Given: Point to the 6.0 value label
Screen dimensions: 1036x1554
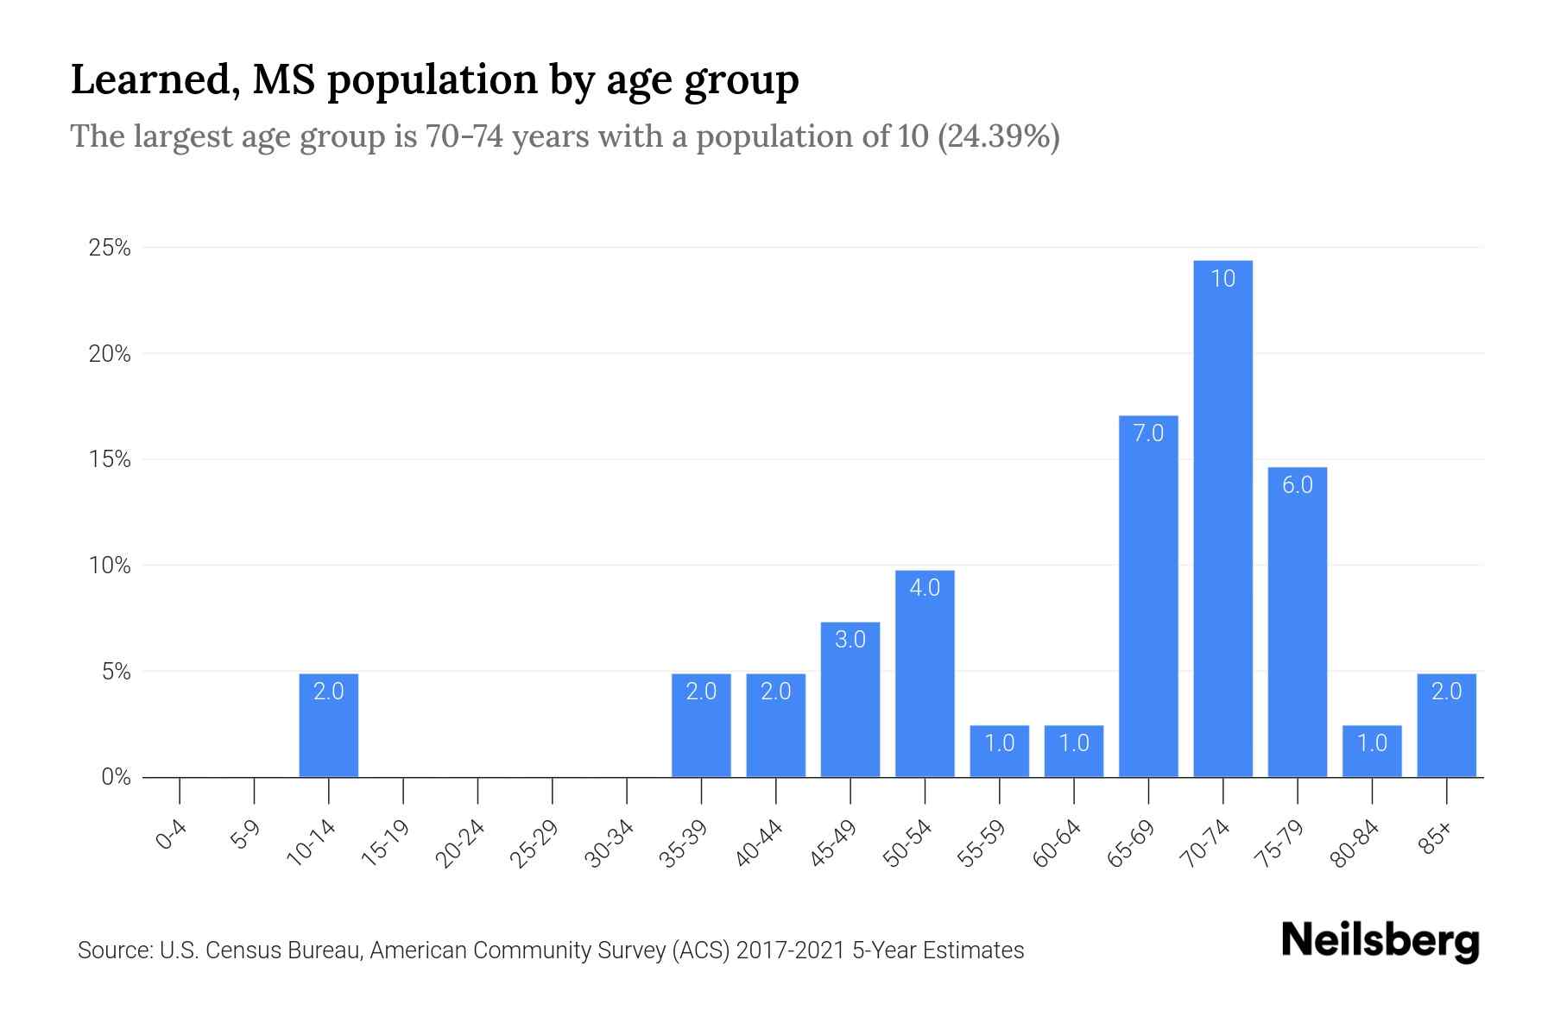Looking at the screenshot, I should [1297, 485].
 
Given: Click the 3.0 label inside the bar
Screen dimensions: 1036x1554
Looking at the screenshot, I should [850, 640].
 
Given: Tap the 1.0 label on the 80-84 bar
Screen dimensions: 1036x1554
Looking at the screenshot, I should [1372, 743].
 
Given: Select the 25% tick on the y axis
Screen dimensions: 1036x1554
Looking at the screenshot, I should [110, 249].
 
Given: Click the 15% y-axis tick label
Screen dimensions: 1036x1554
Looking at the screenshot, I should [110, 459].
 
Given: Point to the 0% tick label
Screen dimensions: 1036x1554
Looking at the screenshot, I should [116, 777].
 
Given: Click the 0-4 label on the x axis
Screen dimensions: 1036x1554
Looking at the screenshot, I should [172, 836].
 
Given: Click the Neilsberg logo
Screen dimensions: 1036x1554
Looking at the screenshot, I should [1380, 940].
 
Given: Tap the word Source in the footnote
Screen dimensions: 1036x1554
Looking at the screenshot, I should [113, 951].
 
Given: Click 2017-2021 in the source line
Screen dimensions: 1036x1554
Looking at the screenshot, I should [791, 951].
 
